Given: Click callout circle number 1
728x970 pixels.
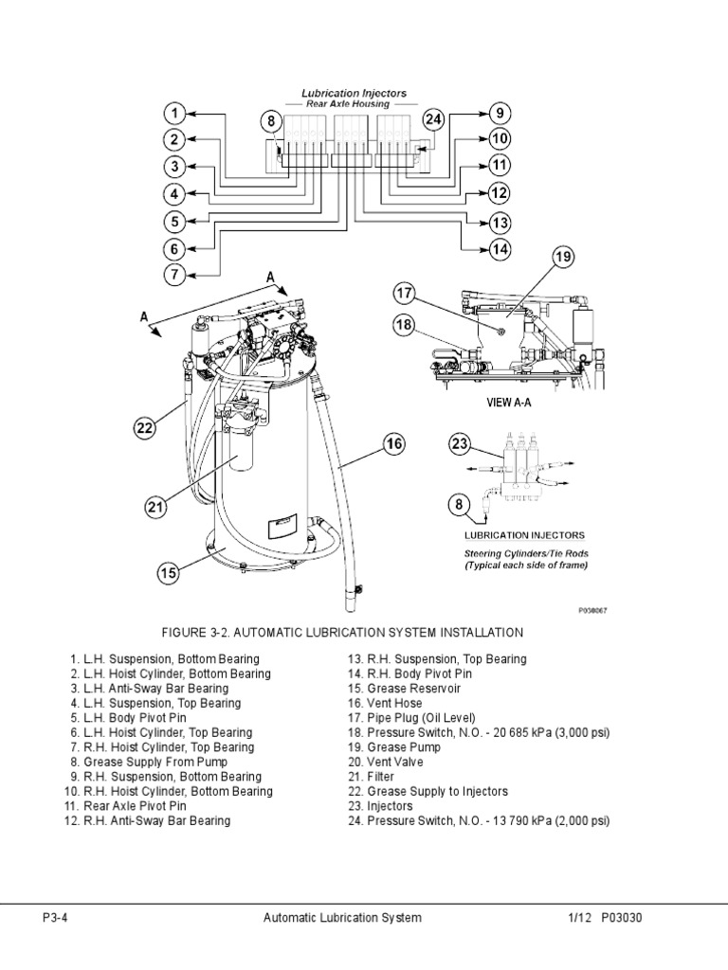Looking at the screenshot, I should click(175, 115).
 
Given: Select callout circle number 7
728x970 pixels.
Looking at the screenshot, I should click(175, 276).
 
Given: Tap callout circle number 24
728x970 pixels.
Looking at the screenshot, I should click(433, 120).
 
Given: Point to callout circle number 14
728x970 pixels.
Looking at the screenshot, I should click(500, 249).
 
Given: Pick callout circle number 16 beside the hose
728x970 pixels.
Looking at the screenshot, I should click(393, 442).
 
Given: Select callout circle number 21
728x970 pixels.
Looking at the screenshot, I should click(155, 508).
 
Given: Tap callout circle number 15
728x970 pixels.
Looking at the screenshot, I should click(168, 573).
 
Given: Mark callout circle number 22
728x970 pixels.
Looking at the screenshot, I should click(144, 428).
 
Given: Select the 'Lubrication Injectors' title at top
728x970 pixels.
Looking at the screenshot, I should click(354, 94).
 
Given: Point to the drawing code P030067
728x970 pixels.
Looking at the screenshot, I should click(592, 611).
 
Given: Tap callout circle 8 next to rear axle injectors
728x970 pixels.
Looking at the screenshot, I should click(271, 121).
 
